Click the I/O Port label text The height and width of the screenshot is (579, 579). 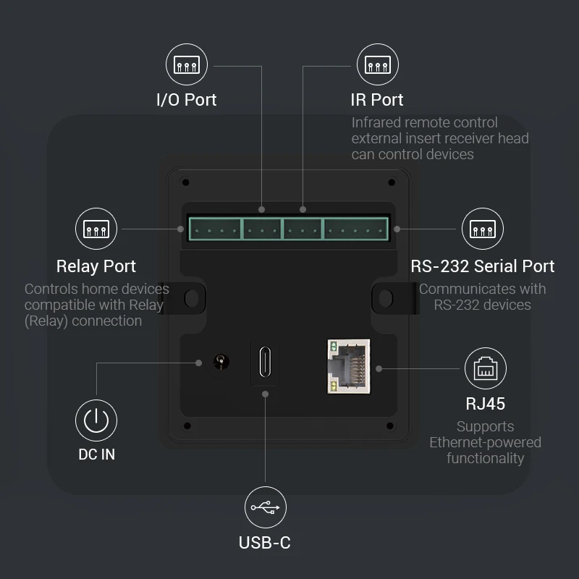pos(187,100)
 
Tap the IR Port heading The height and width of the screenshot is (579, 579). pos(377,100)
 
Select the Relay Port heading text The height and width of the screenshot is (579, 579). pos(96,266)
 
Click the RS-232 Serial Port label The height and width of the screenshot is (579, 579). pos(482,266)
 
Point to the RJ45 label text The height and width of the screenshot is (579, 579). pos(485,403)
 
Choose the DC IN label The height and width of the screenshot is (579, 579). pos(96,455)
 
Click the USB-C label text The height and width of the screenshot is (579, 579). pos(265,542)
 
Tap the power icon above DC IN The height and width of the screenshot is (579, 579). pos(96,420)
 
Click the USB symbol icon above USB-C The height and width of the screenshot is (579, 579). pos(265,507)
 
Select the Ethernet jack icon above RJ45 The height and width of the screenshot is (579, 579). pos(485,368)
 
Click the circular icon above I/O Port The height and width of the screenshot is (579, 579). pos(187,64)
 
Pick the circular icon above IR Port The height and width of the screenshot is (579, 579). pos(377,64)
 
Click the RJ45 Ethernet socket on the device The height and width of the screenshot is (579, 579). pos(348,366)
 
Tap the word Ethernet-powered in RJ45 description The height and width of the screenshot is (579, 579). pos(485,442)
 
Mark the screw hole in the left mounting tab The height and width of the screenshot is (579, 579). pos(192,297)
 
